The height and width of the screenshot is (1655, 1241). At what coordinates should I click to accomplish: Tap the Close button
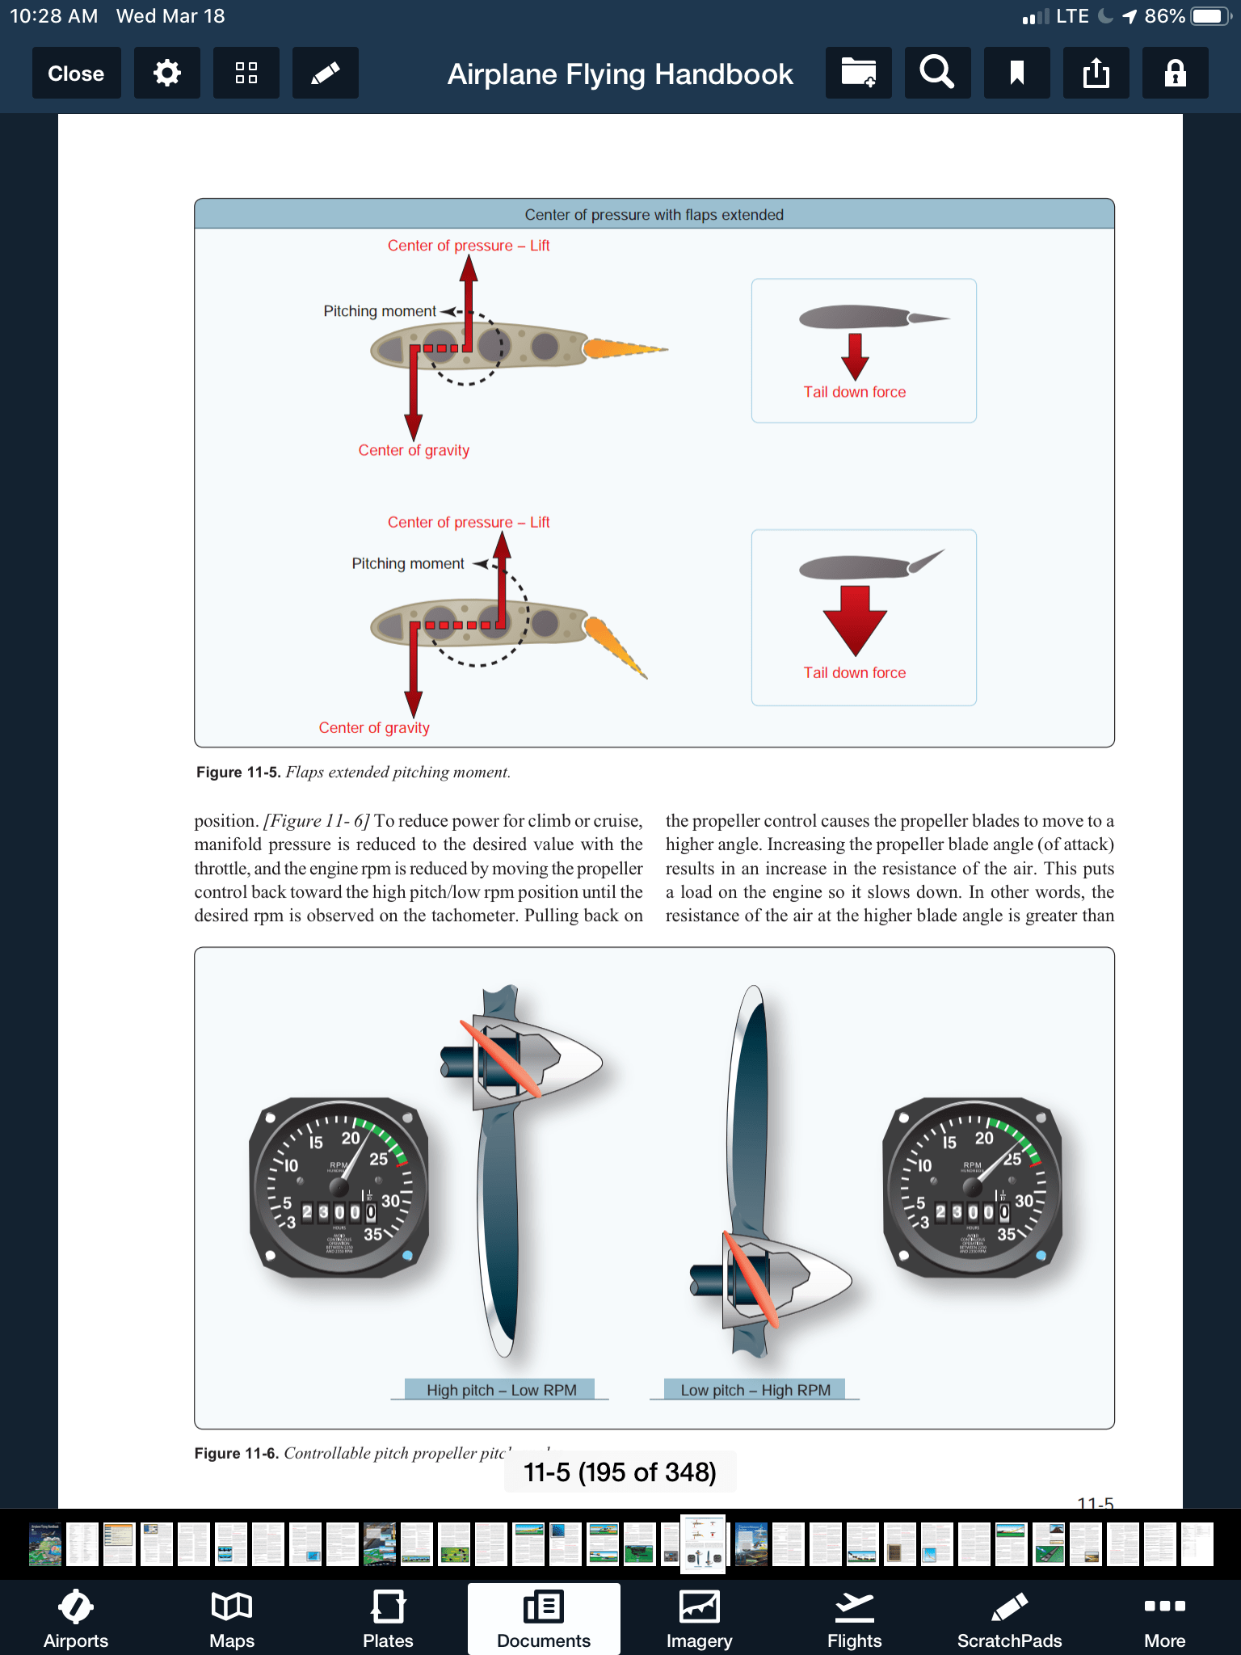pos(76,74)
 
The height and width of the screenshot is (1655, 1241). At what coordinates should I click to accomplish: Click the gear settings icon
pos(166,74)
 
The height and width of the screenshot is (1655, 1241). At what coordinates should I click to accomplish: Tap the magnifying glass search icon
pos(937,74)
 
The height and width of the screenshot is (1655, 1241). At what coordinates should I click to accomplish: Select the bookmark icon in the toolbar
pos(1016,74)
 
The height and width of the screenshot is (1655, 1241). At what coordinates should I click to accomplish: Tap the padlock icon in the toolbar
pos(1175,74)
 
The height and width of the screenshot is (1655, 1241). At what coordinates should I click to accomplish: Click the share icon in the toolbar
pos(1096,74)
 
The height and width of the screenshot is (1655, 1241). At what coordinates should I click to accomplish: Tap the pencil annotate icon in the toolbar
pos(325,74)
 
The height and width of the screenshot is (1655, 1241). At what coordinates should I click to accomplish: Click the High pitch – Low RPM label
pos(501,1390)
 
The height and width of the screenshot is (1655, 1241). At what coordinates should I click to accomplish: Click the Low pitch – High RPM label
pos(755,1390)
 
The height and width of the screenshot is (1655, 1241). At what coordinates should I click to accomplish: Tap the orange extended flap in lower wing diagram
pos(614,646)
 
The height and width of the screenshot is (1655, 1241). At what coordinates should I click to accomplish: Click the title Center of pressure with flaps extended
pos(654,214)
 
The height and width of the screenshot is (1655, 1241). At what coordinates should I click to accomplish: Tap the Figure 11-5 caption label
pos(238,772)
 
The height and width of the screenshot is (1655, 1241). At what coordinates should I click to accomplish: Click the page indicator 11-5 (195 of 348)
pos(620,1472)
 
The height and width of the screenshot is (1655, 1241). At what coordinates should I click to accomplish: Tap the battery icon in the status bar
pos(1209,16)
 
